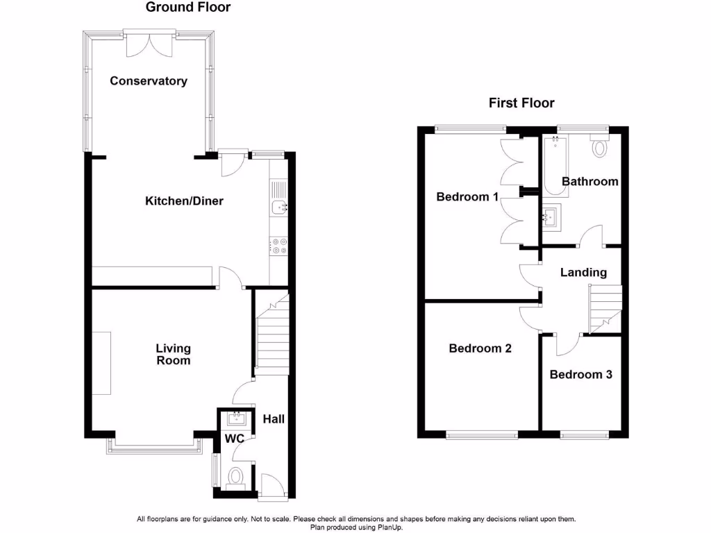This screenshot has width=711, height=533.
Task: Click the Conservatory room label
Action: [149, 81]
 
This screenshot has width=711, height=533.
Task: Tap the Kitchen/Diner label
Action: [184, 201]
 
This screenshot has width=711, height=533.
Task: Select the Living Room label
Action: [173, 354]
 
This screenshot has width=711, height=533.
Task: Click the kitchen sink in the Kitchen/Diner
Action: [279, 206]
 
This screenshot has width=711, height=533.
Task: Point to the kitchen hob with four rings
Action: [279, 245]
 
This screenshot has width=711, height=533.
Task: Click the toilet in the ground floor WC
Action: [236, 477]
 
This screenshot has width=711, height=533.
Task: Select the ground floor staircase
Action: [271, 333]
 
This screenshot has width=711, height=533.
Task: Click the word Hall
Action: [274, 419]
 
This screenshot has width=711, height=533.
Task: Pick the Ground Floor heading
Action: [188, 8]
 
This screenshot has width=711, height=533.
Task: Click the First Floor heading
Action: [521, 103]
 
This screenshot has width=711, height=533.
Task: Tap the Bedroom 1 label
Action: [467, 196]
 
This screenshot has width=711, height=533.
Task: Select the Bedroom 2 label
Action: [480, 348]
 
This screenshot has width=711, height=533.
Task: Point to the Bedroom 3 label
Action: [580, 375]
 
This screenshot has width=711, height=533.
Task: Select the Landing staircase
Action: [604, 309]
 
